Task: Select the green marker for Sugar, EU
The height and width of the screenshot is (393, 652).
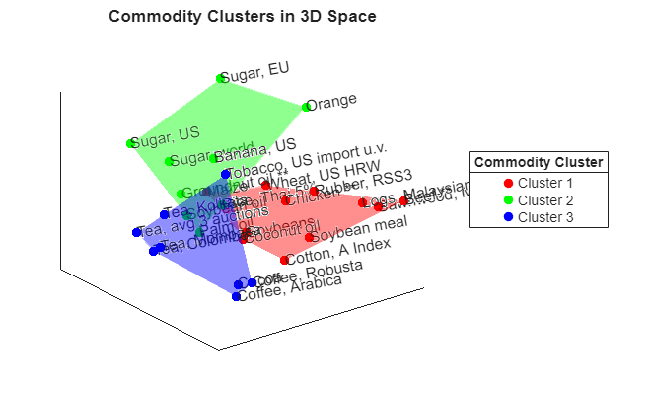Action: (221, 78)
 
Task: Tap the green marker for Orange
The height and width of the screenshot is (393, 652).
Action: (306, 107)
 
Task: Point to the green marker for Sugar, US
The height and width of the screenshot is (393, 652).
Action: (131, 143)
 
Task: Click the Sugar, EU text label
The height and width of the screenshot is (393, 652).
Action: (254, 73)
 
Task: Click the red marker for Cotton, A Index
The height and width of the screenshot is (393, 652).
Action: (284, 260)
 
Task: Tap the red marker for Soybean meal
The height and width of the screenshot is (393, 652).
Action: (309, 237)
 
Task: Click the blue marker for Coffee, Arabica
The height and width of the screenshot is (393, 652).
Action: (236, 296)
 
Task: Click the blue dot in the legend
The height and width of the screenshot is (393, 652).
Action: (508, 216)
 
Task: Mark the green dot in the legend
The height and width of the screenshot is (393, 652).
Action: (508, 199)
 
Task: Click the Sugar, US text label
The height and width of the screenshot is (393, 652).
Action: (168, 137)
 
